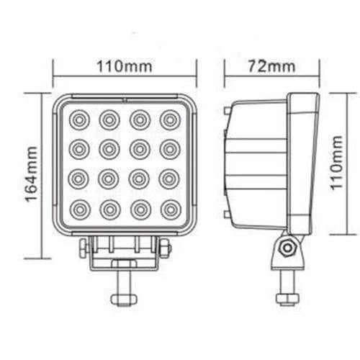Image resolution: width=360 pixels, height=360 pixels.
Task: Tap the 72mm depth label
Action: click(x=271, y=66)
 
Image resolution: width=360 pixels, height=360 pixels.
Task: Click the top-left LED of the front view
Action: click(x=79, y=118)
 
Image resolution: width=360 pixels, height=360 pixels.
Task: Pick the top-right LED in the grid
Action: click(x=170, y=118)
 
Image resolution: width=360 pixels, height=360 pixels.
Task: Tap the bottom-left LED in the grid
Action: click(x=79, y=210)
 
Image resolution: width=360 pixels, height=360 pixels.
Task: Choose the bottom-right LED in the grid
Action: click(x=170, y=210)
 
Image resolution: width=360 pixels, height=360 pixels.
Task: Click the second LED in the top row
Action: click(x=109, y=118)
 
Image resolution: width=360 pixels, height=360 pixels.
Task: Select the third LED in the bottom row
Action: click(x=140, y=210)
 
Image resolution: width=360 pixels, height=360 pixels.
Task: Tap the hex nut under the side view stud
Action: click(x=287, y=296)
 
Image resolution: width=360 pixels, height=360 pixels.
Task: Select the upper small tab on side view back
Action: click(x=227, y=112)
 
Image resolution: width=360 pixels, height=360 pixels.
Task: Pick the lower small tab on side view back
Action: click(x=227, y=215)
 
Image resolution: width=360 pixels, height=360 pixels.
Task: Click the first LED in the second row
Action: click(x=79, y=148)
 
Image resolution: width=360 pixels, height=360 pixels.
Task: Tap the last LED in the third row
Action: click(x=170, y=179)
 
